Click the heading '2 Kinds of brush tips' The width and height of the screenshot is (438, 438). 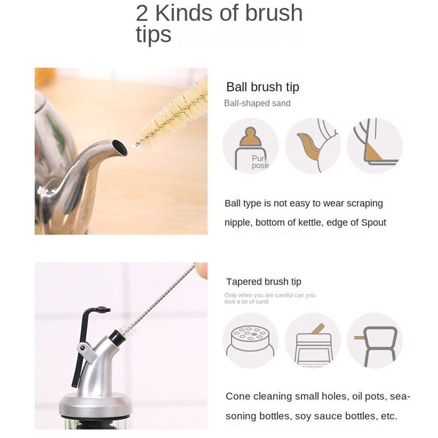[x=219, y=24]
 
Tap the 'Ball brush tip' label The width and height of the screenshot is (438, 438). [x=262, y=87]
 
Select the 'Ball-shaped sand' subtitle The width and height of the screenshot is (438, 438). [x=257, y=103]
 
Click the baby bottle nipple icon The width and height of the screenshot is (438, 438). [x=250, y=146]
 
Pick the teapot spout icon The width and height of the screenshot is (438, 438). [x=312, y=146]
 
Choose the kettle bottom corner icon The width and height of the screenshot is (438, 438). [x=374, y=146]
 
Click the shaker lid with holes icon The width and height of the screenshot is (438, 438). [x=250, y=340]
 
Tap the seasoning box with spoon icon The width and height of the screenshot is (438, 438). [x=312, y=340]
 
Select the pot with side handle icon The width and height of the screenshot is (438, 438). [x=374, y=340]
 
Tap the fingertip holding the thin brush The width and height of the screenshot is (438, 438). [x=201, y=270]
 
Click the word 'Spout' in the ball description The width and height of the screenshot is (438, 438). [x=373, y=223]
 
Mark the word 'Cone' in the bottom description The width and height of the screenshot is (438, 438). [x=237, y=396]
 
